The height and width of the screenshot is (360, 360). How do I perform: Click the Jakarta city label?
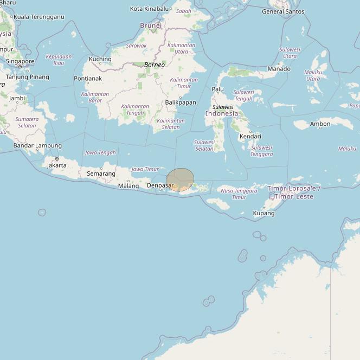click(x=57, y=165)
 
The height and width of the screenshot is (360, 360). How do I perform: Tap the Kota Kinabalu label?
click(x=150, y=9)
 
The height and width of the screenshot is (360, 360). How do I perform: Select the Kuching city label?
click(x=100, y=59)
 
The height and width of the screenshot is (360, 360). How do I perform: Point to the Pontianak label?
click(x=88, y=79)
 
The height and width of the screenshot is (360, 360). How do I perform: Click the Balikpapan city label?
click(x=181, y=102)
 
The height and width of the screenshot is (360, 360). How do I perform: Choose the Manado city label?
click(x=279, y=69)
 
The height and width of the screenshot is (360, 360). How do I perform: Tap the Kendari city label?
click(x=250, y=137)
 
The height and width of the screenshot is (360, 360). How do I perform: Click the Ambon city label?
click(x=320, y=124)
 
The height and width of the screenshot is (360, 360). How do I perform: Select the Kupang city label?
click(x=263, y=213)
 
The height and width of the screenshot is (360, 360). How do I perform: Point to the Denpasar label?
click(x=160, y=185)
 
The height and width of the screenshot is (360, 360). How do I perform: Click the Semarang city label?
click(x=101, y=173)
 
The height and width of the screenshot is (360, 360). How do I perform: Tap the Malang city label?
click(x=128, y=186)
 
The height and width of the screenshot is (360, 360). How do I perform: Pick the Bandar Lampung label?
click(x=37, y=145)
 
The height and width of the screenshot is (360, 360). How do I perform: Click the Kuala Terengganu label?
click(x=38, y=17)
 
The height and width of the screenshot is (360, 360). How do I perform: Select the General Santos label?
click(x=283, y=11)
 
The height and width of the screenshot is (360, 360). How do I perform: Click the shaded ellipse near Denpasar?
click(x=180, y=180)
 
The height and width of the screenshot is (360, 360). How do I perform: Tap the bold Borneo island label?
click(x=155, y=65)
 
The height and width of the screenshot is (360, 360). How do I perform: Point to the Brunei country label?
click(x=151, y=25)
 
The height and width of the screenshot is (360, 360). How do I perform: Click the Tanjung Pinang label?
click(x=27, y=77)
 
